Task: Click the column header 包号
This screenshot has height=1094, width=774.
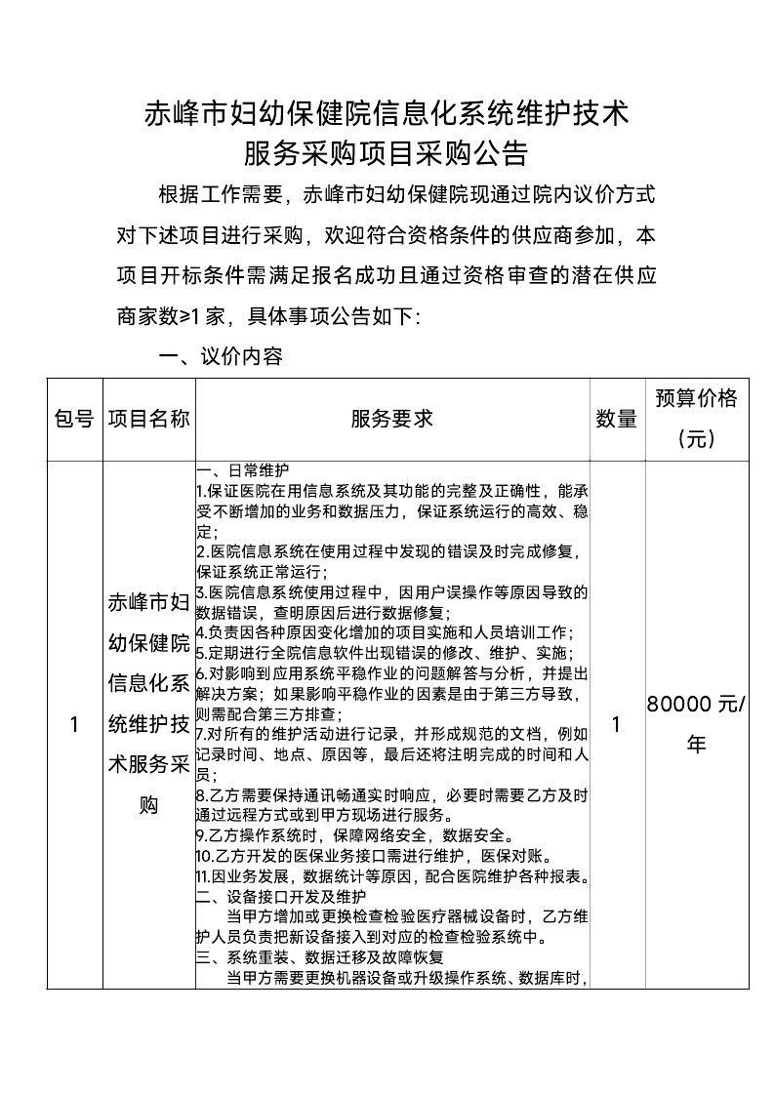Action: point(74,419)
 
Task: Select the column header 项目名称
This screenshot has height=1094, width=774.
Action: point(148,419)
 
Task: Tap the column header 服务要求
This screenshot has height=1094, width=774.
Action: point(391,419)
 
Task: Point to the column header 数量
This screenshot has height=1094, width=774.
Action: point(616,419)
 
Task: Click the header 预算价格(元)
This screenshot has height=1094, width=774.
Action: point(696,419)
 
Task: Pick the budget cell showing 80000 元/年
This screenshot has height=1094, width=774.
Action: point(696,725)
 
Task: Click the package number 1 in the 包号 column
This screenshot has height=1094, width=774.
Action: point(74,725)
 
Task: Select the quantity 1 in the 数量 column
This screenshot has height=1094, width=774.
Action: point(616,725)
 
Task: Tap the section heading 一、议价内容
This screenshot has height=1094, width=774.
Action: point(221,357)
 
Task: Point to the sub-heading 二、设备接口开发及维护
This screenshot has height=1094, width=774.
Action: point(281,897)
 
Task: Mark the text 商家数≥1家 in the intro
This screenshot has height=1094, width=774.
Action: point(171,316)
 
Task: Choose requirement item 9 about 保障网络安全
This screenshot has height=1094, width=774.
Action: point(351,835)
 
